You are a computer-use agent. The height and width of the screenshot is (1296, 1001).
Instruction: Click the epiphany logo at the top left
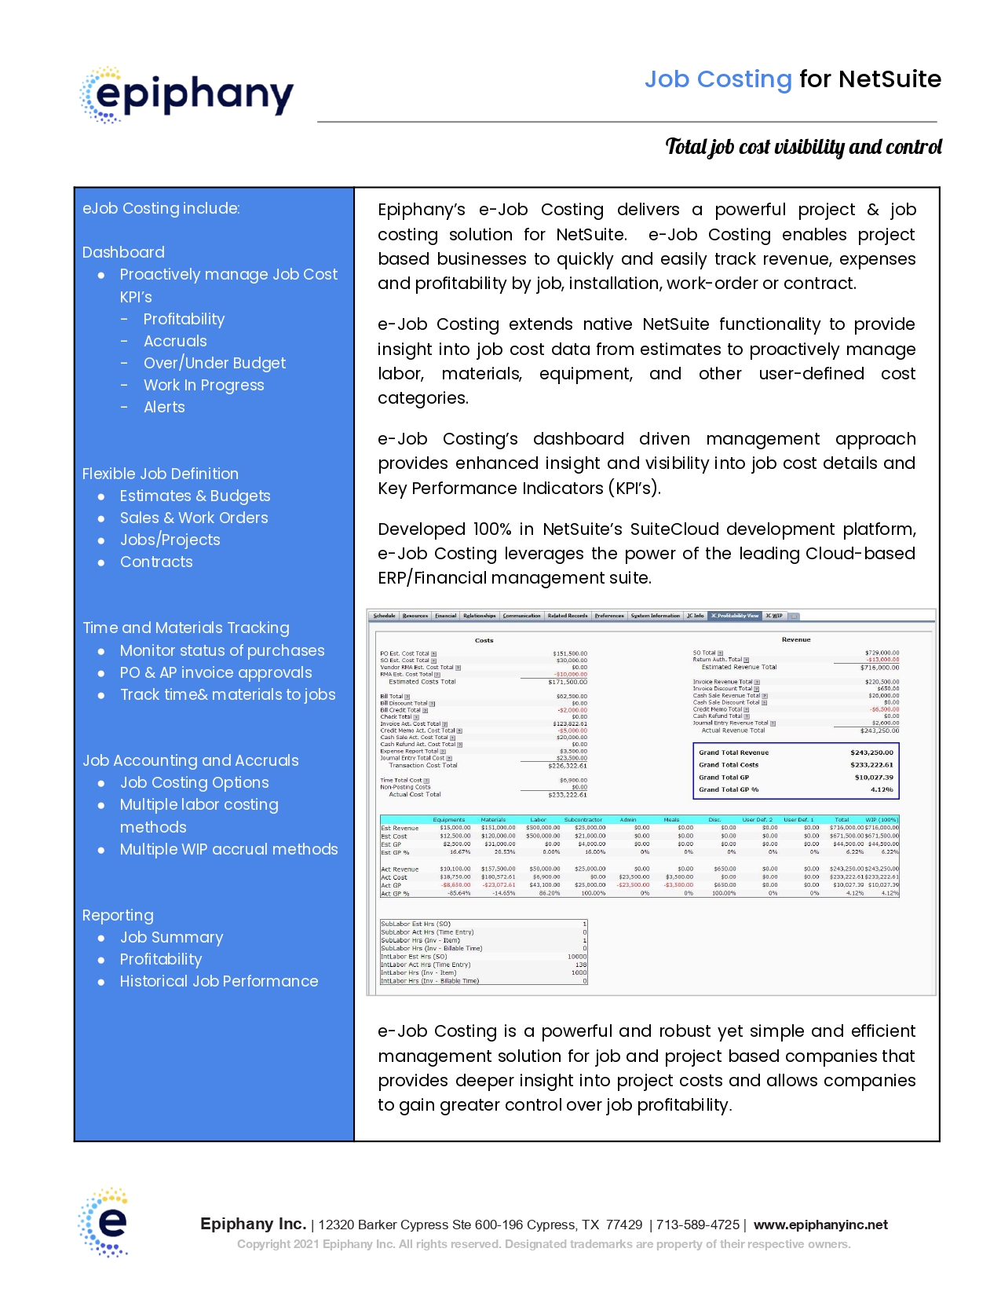[187, 95]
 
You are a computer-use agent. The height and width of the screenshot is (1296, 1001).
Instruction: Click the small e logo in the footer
[103, 1222]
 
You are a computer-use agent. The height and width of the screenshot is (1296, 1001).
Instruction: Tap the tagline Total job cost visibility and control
[802, 147]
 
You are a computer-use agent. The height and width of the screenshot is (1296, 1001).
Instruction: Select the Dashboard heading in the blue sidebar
[123, 252]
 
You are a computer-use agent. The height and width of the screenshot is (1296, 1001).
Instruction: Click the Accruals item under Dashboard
[175, 341]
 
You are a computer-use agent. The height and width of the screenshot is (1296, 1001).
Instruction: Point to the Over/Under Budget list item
[214, 363]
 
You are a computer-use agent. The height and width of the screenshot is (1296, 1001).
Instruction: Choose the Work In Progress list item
[203, 385]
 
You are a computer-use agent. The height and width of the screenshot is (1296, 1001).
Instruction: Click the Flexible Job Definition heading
[160, 474]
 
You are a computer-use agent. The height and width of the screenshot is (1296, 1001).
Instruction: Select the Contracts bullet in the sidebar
[156, 562]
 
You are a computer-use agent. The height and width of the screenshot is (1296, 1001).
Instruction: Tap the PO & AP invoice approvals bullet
[215, 672]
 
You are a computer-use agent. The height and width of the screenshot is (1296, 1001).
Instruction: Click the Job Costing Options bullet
[194, 782]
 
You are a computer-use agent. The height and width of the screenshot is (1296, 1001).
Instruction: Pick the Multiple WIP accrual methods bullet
[228, 849]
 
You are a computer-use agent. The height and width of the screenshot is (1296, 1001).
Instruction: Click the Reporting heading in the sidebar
[118, 915]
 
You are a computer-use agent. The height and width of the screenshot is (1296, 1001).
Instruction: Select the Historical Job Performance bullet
[218, 981]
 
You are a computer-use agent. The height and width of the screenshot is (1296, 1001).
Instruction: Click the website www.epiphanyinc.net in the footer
[820, 1225]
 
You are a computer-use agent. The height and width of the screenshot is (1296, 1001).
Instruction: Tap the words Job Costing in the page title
[718, 79]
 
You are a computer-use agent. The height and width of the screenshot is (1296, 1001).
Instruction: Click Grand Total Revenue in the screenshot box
[733, 752]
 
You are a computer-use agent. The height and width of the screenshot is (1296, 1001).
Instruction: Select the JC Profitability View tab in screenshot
[734, 616]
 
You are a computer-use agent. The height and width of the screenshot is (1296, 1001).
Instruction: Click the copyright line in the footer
[543, 1244]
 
